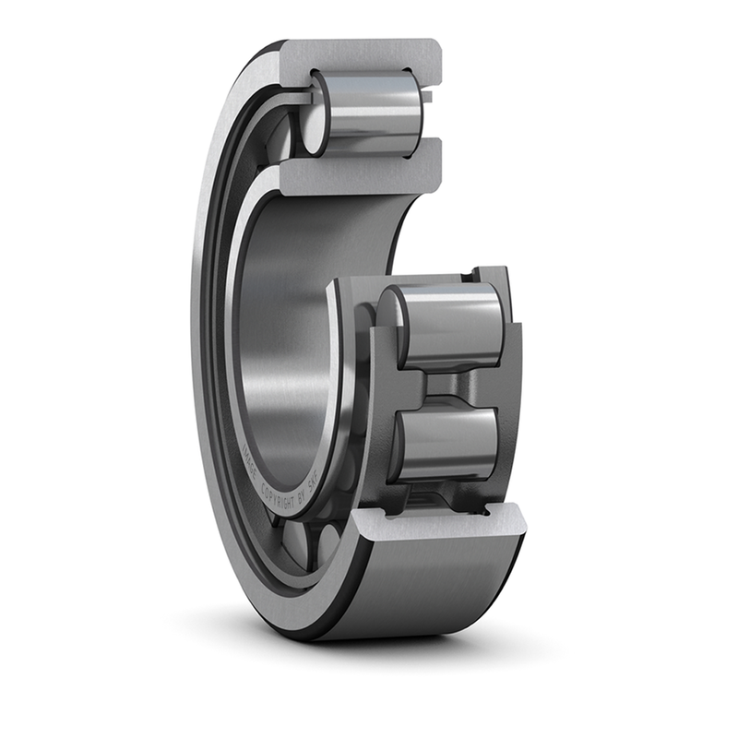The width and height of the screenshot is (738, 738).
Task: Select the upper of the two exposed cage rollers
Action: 447,326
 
